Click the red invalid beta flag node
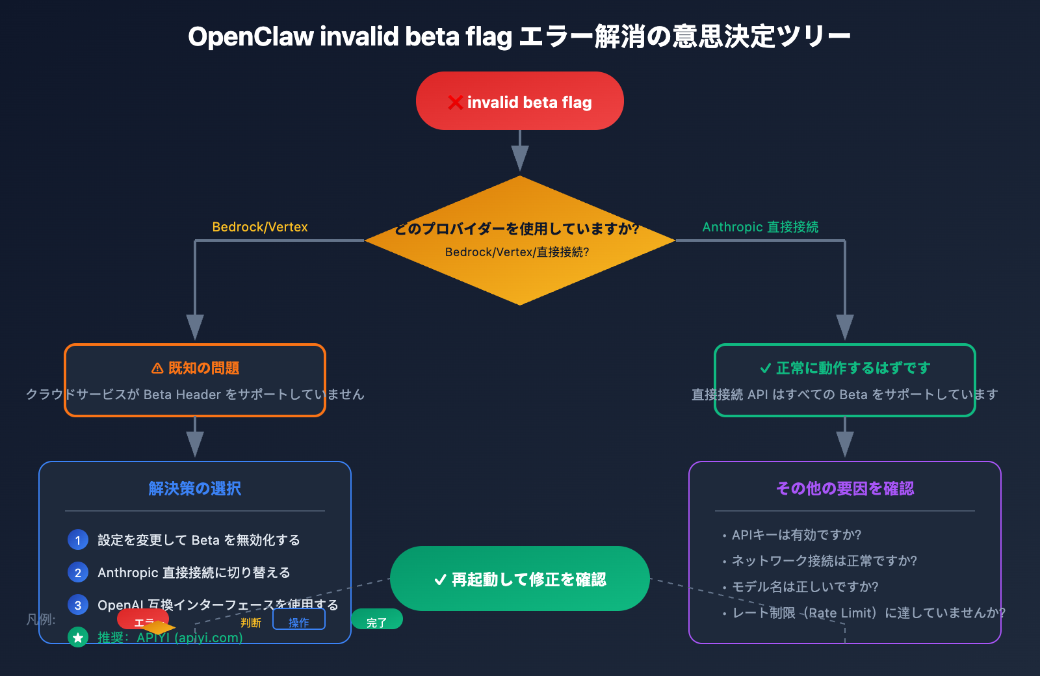(x=520, y=101)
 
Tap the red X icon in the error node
(x=455, y=103)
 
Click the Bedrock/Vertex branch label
(x=259, y=227)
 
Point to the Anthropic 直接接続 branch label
(x=760, y=227)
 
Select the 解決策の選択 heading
(x=194, y=488)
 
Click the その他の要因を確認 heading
(x=844, y=488)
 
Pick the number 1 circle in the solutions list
(x=78, y=540)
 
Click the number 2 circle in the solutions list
(x=78, y=573)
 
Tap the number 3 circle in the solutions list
(x=78, y=605)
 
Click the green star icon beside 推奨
(x=78, y=638)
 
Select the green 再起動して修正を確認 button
(x=520, y=578)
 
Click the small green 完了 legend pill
(x=376, y=620)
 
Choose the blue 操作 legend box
(x=298, y=620)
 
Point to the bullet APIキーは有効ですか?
(x=796, y=535)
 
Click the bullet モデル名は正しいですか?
(x=805, y=587)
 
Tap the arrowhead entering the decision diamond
(x=520, y=159)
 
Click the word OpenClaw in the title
(x=251, y=36)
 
